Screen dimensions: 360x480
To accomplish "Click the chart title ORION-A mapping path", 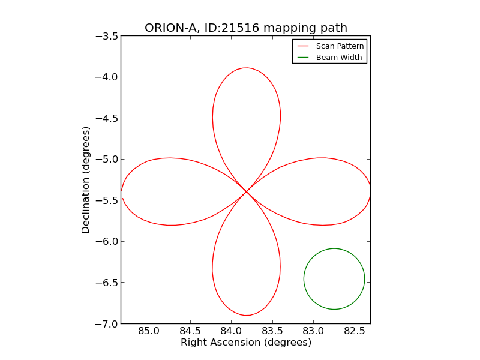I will pyautogui.click(x=245, y=28).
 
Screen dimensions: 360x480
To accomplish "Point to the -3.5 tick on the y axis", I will pyautogui.click(x=106, y=36).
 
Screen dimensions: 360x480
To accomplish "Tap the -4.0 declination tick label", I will pyautogui.click(x=106, y=77).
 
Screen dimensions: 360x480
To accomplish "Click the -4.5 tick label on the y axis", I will pyautogui.click(x=106, y=118).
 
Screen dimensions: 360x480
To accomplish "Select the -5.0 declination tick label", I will pyautogui.click(x=106, y=159).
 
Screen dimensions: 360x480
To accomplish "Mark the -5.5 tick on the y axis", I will pyautogui.click(x=106, y=200).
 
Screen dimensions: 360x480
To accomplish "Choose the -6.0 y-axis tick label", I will pyautogui.click(x=106, y=241).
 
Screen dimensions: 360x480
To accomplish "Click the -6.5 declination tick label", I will pyautogui.click(x=106, y=283).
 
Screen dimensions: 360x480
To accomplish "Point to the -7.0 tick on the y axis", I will pyautogui.click(x=106, y=323).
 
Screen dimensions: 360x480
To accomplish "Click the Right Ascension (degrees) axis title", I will pyautogui.click(x=245, y=343).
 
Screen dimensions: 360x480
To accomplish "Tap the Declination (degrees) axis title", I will pyautogui.click(x=86, y=180).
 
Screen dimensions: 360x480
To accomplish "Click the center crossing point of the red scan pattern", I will pyautogui.click(x=247, y=191).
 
